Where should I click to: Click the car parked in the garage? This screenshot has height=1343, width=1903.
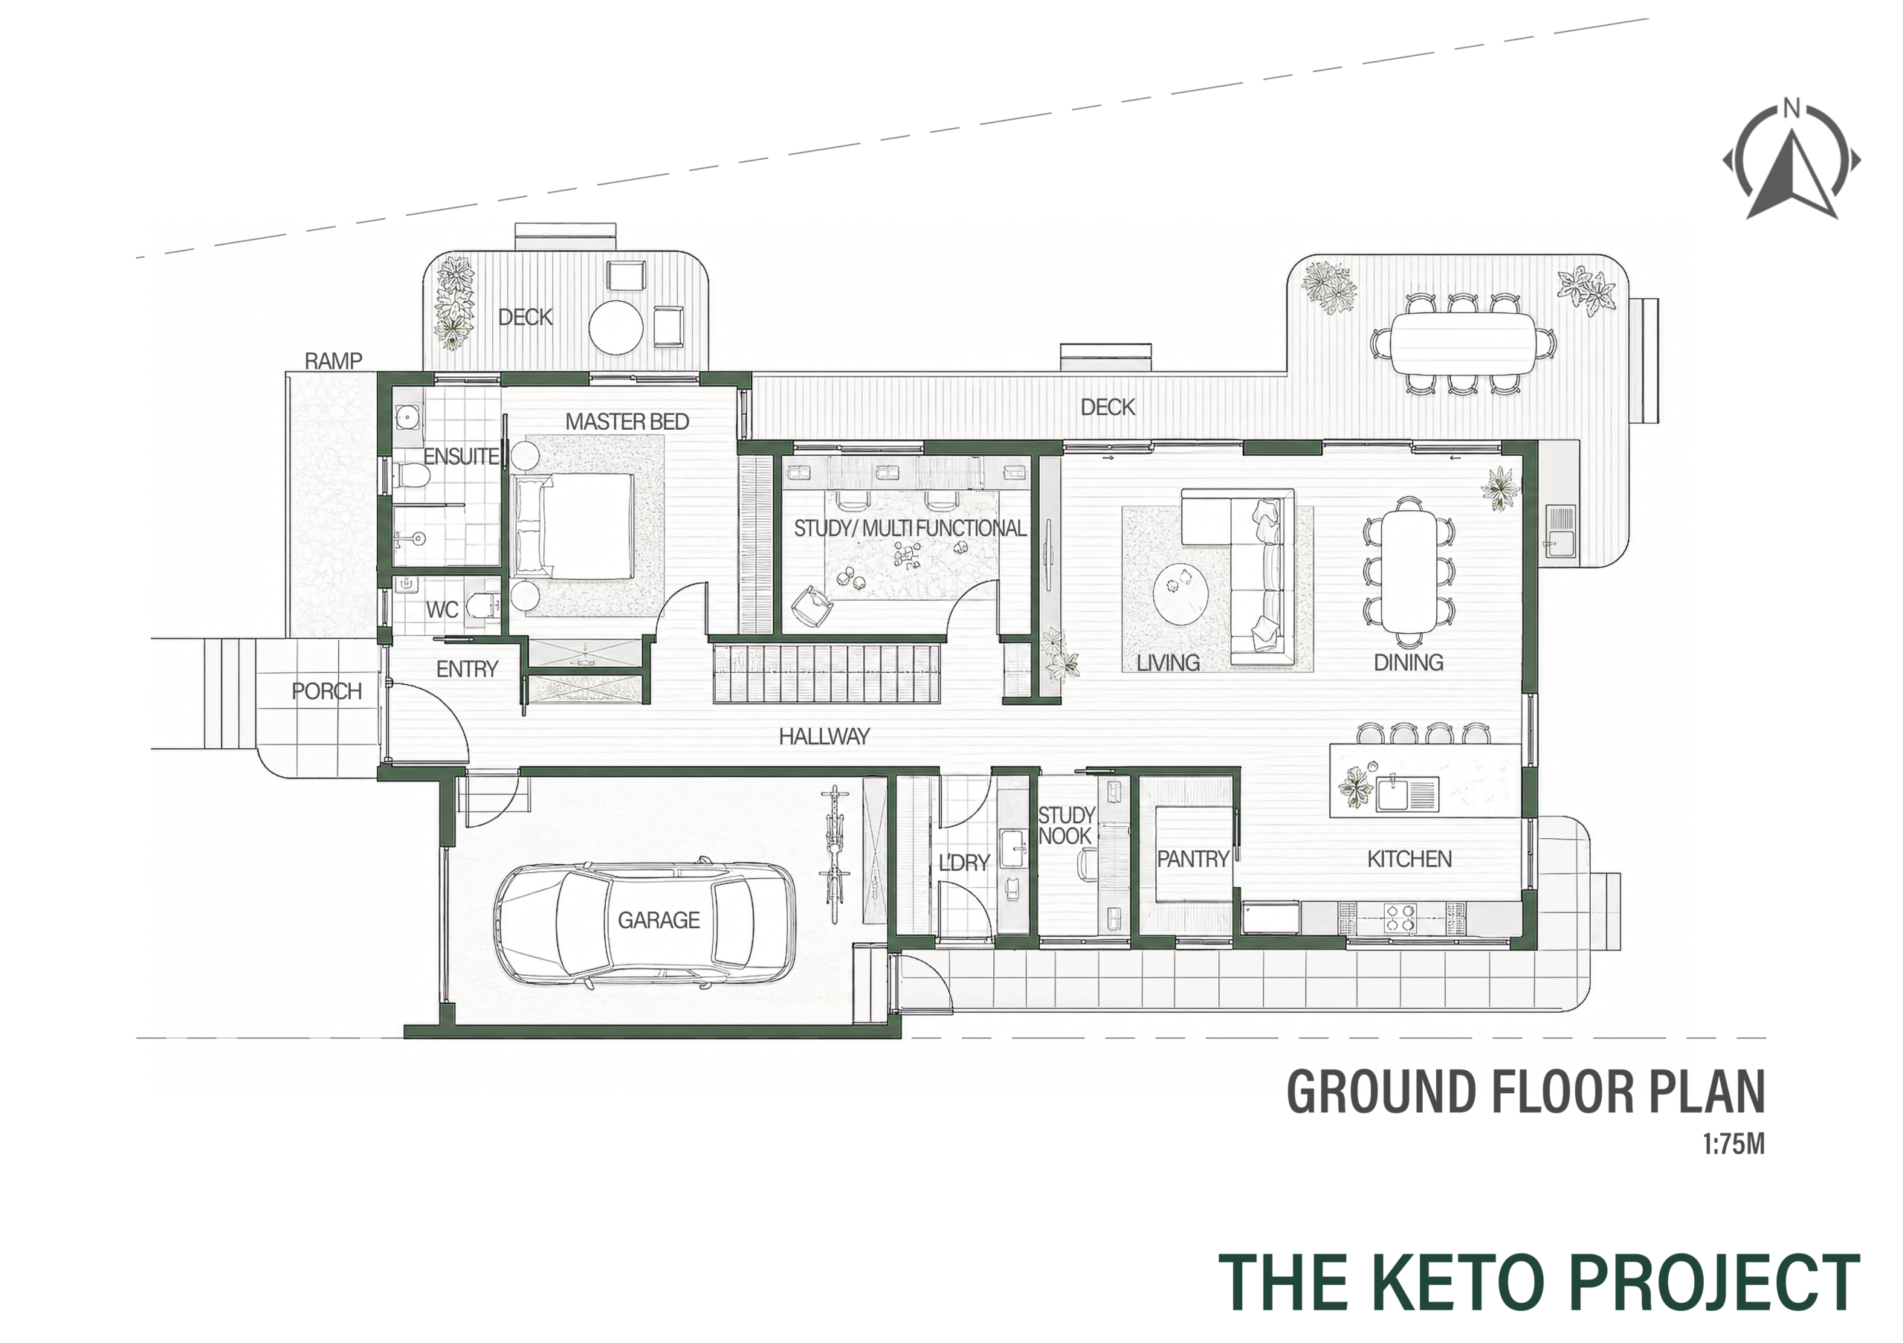(644, 923)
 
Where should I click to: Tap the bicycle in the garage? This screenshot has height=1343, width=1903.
(835, 854)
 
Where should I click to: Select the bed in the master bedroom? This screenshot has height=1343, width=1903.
(574, 526)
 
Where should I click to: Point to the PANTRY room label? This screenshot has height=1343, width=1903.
(1192, 859)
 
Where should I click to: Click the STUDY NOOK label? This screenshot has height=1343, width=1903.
(1066, 825)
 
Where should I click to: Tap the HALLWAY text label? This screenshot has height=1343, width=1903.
(824, 735)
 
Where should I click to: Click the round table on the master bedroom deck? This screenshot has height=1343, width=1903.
(616, 326)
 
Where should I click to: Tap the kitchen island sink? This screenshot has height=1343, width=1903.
(1407, 793)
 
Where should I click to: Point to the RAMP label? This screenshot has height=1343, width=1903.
(333, 361)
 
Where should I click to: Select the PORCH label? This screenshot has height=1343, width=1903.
(326, 691)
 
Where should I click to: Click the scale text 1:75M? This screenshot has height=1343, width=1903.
(1734, 1145)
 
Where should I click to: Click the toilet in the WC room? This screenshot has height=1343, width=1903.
(481, 606)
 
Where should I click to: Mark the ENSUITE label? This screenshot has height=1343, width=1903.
(461, 456)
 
